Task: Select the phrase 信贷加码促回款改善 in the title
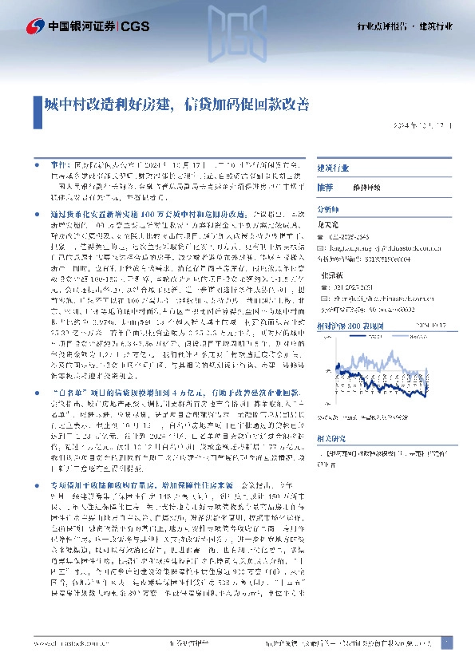[246, 104]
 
